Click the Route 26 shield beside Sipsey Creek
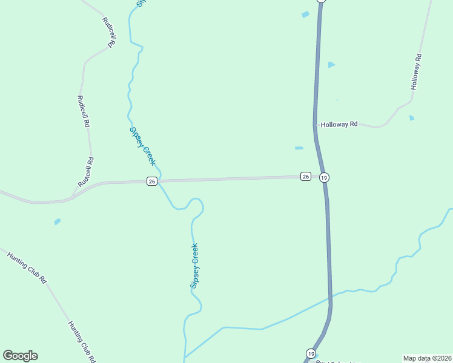tap(152, 181)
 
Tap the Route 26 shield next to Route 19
tap(306, 177)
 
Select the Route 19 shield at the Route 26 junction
tap(325, 177)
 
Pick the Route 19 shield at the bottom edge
tap(311, 353)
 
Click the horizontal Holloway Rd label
tap(339, 124)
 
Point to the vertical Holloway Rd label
tap(415, 73)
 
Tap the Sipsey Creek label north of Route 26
tap(142, 146)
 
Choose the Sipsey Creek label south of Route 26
tap(194, 266)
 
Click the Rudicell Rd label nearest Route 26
tap(85, 171)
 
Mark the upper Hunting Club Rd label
tap(27, 267)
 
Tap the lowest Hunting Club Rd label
tap(81, 341)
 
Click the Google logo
tap(20, 356)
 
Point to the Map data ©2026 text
tap(427, 358)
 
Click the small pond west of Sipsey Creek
tap(57, 222)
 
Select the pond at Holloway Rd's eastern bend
tap(412, 117)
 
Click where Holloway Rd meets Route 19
tap(316, 125)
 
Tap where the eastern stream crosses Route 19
tap(330, 297)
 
